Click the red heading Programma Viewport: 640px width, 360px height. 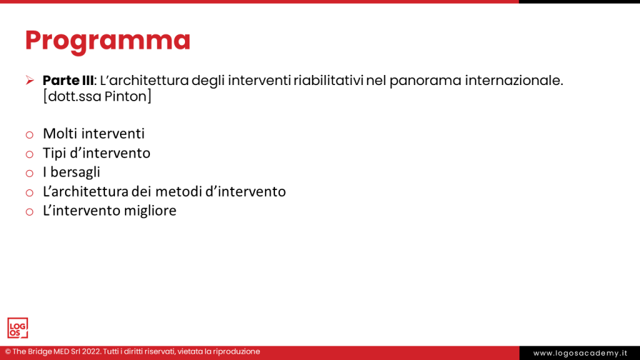point(107,41)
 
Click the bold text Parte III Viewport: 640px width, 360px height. point(68,81)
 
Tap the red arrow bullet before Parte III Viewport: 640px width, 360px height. point(29,81)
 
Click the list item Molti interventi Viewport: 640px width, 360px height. point(94,134)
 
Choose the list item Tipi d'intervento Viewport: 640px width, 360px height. point(96,153)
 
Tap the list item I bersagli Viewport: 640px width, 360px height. point(71,172)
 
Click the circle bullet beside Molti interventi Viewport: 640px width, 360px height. point(29,135)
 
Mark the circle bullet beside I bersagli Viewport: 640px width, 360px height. point(29,174)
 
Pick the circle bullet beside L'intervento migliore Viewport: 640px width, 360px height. point(29,212)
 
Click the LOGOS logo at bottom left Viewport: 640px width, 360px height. point(17,327)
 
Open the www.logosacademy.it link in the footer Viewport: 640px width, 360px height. point(580,353)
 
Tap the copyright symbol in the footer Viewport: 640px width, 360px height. point(8,352)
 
